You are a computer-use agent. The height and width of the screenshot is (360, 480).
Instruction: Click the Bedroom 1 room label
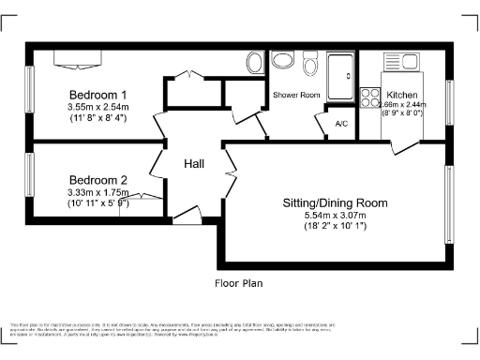pyautogui.click(x=97, y=95)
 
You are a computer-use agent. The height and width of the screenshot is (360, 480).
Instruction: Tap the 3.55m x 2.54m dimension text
pyautogui.click(x=97, y=108)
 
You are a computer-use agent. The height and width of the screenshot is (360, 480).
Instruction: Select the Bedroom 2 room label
pyautogui.click(x=97, y=180)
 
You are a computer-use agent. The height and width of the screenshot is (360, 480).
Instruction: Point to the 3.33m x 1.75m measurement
pyautogui.click(x=97, y=192)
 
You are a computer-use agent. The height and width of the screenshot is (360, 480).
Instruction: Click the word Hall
pyautogui.click(x=194, y=164)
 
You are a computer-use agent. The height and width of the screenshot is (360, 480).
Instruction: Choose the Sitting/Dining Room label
pyautogui.click(x=335, y=202)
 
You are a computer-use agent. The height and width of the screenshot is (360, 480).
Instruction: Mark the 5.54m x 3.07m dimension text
pyautogui.click(x=335, y=215)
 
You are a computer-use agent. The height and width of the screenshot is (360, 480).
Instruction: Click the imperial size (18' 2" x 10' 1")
pyautogui.click(x=335, y=227)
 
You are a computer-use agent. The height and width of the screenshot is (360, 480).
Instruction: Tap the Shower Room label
pyautogui.click(x=296, y=96)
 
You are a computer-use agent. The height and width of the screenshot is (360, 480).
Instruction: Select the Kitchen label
pyautogui.click(x=402, y=95)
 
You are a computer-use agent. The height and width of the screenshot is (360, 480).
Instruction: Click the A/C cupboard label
pyautogui.click(x=340, y=124)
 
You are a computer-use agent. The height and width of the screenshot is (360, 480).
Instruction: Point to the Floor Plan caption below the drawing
pyautogui.click(x=239, y=281)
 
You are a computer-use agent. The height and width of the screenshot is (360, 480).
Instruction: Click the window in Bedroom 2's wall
pyautogui.click(x=30, y=178)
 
